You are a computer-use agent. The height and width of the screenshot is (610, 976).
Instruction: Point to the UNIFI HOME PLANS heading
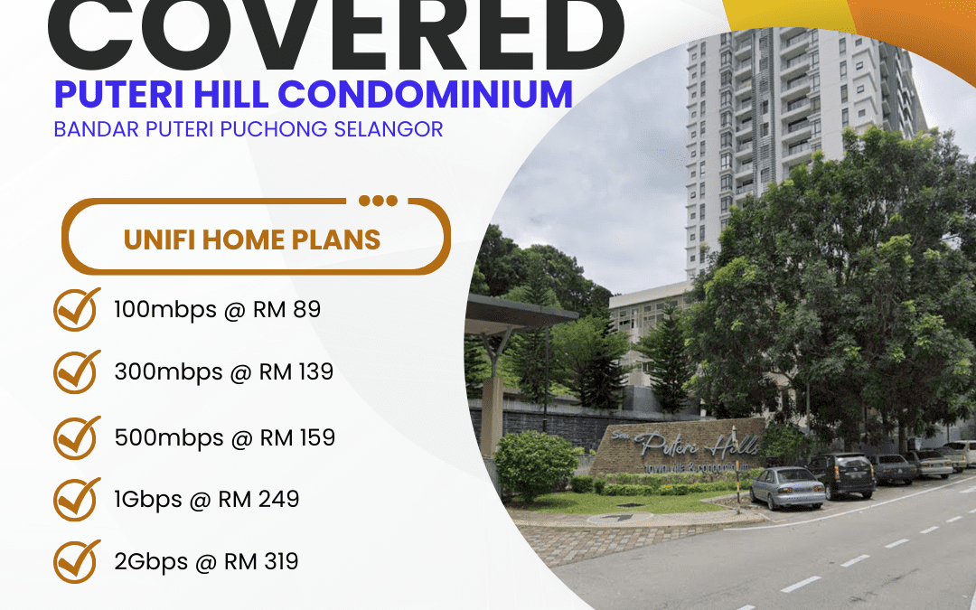[x=252, y=239]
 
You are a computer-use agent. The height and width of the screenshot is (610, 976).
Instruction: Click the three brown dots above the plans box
[x=377, y=201]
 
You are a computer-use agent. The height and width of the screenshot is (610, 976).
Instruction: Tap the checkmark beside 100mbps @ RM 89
[x=77, y=310]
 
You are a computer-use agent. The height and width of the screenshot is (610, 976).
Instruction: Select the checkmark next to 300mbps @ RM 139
[x=77, y=371]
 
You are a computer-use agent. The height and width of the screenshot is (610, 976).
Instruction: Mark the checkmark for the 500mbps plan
[x=77, y=437]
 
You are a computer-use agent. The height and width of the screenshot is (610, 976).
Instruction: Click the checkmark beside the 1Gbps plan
[x=77, y=499]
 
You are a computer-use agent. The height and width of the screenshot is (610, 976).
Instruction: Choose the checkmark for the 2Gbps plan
[x=77, y=561]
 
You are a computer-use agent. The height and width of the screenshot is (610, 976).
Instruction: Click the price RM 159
[x=297, y=437]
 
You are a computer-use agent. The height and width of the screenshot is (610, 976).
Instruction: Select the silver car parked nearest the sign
[x=786, y=487]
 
